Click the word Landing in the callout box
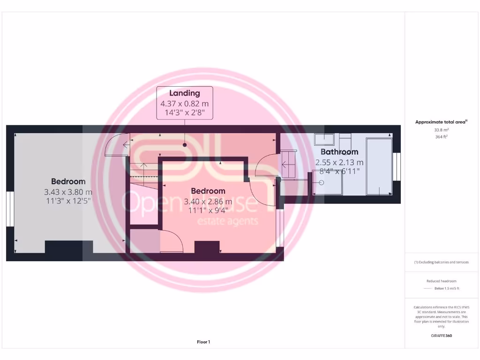pyautogui.click(x=184, y=93)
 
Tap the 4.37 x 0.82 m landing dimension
pyautogui.click(x=184, y=104)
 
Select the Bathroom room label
pyautogui.click(x=339, y=152)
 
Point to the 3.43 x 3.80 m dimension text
pyautogui.click(x=68, y=192)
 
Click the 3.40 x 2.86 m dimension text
pyautogui.click(x=208, y=202)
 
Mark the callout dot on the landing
pyautogui.click(x=185, y=145)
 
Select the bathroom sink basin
pyautogui.click(x=324, y=140)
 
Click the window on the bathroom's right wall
pyautogui.click(x=398, y=166)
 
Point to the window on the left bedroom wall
pyautogui.click(x=9, y=209)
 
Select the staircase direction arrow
pyautogui.click(x=144, y=165)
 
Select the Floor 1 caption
pyautogui.click(x=203, y=342)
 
